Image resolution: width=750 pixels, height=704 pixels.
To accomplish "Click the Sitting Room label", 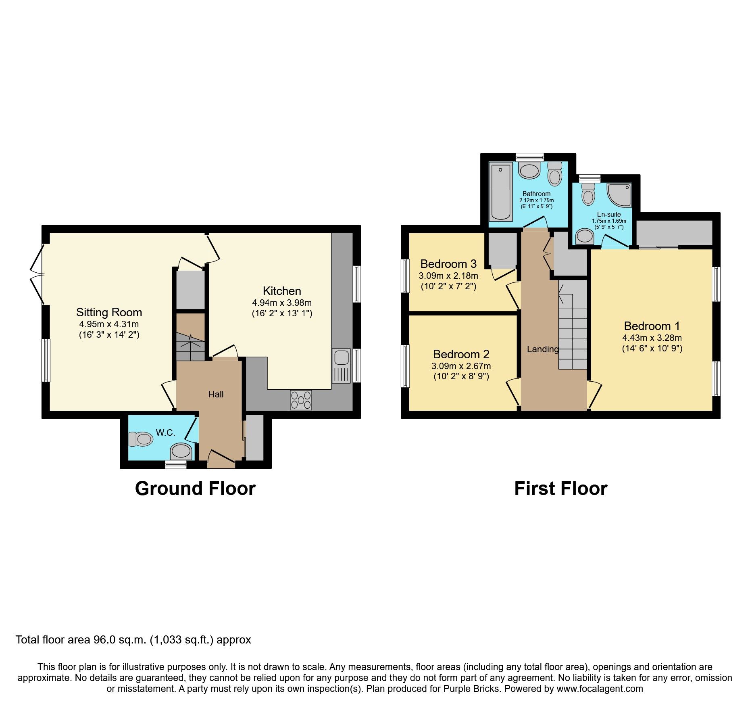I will pos(109,312).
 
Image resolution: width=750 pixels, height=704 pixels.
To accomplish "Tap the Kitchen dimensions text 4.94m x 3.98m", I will pos(282,303).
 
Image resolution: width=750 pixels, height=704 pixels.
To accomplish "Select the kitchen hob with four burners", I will pos(301,400).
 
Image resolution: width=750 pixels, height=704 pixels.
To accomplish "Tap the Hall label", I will pos(216,395).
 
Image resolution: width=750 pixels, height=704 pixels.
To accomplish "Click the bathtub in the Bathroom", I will pos(500,192).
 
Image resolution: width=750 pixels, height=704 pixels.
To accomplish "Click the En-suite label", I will pos(609,214).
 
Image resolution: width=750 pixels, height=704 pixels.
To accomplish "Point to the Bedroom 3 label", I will pos(448,264).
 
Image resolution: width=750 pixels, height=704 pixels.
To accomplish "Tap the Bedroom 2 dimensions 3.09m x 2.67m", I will pos(461,366).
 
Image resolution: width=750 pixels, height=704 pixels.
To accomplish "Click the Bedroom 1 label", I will pos(652,326).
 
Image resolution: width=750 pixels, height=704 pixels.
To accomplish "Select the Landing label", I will pos(543,349).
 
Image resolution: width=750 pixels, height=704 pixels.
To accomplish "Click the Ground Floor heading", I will pos(195,489).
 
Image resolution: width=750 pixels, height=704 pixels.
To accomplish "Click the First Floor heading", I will pos(560,489).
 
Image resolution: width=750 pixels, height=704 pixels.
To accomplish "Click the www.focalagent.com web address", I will pos(600,689).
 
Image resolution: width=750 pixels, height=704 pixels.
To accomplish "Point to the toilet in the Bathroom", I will pos(555,174).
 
